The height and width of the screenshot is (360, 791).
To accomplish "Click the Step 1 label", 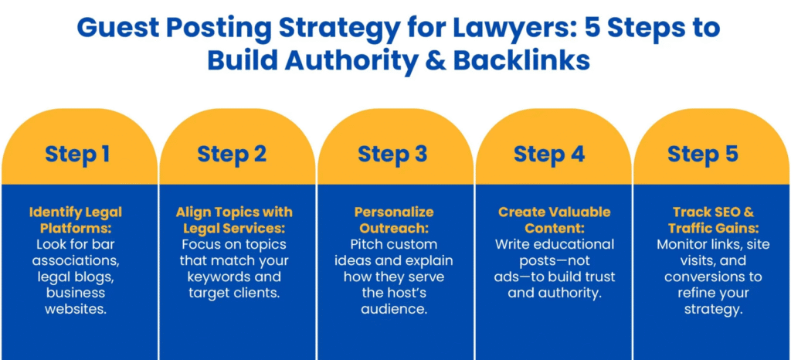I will [77, 154].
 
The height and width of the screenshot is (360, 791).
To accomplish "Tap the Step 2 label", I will [232, 154].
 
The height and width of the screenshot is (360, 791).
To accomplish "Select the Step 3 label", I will [392, 154].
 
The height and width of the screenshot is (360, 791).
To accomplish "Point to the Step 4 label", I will [549, 154].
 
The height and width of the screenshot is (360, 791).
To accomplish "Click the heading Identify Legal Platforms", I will [76, 220].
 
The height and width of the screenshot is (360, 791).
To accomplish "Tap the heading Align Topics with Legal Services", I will [233, 220].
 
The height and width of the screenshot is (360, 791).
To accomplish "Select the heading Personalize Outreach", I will [395, 220].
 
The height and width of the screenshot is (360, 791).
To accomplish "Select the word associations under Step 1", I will [76, 260].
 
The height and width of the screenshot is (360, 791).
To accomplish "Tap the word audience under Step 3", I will [395, 309].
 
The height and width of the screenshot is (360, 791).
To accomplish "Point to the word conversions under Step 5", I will [713, 277].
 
